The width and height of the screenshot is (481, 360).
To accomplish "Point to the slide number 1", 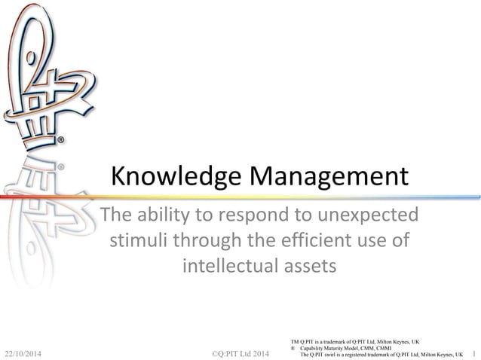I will coord(473,352).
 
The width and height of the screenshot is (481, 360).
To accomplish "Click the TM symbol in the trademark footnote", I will coord(294,341).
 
